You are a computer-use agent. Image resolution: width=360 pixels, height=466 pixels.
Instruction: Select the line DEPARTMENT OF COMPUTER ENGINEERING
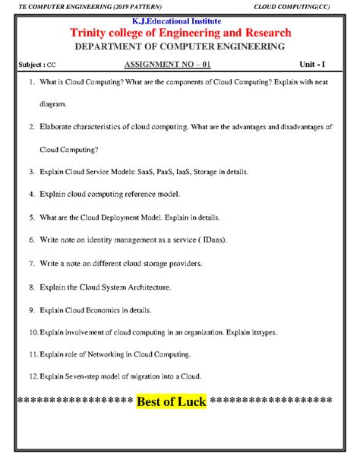179,47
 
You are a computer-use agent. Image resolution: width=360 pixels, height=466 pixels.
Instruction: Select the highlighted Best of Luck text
172,401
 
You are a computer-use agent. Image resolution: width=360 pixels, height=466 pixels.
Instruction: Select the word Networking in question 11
118,354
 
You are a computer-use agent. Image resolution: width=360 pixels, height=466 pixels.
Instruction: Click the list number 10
32,332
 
